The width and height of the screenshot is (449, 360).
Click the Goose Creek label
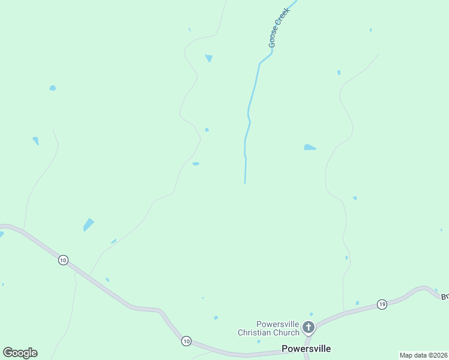pyautogui.click(x=280, y=28)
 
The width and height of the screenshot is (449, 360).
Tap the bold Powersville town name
pyautogui.click(x=306, y=349)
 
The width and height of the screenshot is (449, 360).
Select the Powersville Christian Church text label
pyautogui.click(x=268, y=328)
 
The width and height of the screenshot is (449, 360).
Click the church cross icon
pyautogui.click(x=309, y=327)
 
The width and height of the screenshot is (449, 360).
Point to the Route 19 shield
pyautogui.click(x=382, y=304)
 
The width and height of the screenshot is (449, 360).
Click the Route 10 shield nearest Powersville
pyautogui.click(x=186, y=341)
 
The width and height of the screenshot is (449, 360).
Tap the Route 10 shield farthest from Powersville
pyautogui.click(x=63, y=260)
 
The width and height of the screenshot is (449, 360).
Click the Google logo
pyautogui.click(x=20, y=353)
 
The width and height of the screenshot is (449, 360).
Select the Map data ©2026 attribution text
pyautogui.click(x=423, y=355)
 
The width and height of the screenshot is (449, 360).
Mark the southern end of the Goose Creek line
pyautogui.click(x=245, y=183)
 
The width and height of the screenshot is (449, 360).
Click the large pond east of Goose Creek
pyautogui.click(x=309, y=147)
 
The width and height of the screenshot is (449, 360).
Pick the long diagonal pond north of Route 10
pyautogui.click(x=88, y=225)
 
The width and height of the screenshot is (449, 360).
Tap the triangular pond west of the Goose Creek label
pyautogui.click(x=209, y=58)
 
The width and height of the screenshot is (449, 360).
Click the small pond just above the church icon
pyautogui.click(x=311, y=314)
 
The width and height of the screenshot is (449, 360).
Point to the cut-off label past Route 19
pyautogui.click(x=445, y=296)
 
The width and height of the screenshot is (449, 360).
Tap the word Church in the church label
pyautogui.click(x=285, y=332)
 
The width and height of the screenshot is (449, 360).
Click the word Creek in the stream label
pyautogui.click(x=283, y=17)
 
